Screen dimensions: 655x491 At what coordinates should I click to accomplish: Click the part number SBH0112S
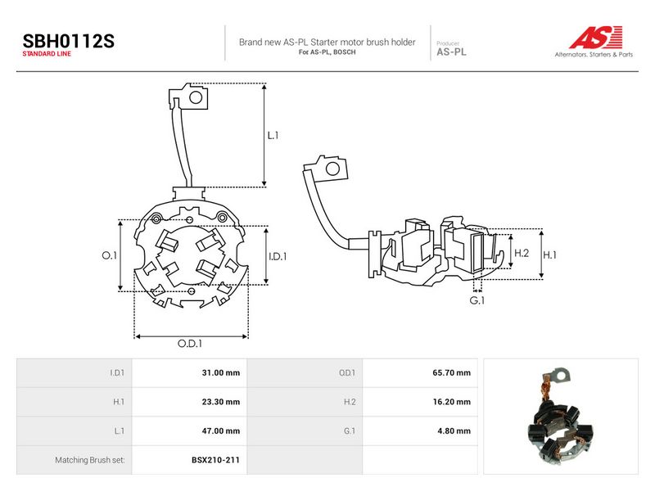pos(68,41)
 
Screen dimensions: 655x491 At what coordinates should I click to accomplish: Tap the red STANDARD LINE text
pos(47,54)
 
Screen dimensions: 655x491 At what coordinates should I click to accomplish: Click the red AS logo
pos(596,37)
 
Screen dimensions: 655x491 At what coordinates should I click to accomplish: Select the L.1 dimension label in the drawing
pos(273,135)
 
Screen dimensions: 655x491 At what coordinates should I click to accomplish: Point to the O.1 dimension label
pos(110,255)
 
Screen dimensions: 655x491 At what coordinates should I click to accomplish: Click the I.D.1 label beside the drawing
pos(278,256)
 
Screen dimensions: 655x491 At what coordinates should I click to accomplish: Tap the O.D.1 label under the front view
pos(190,343)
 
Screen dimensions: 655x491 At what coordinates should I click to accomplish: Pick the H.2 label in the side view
pos(522,253)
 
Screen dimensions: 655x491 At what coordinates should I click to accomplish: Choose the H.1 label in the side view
pos(549,255)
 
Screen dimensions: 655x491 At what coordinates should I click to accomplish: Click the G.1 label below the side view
pos(477,300)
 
